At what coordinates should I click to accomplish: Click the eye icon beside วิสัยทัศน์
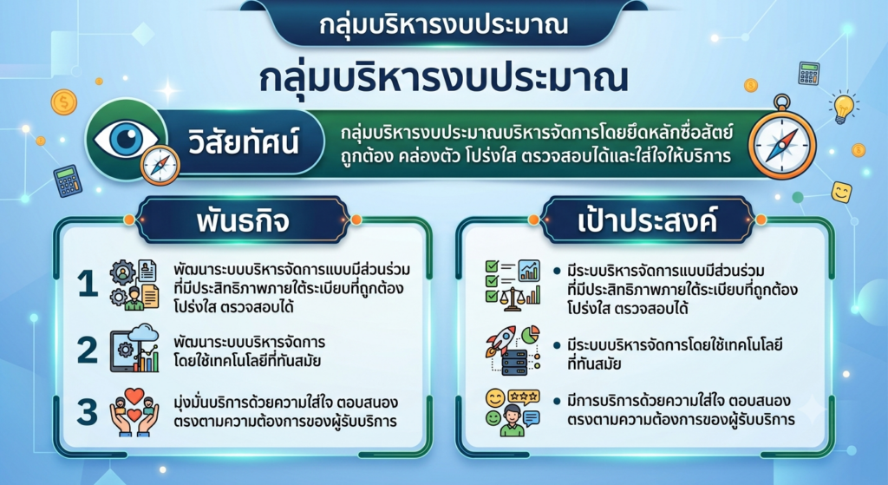coord(127,139)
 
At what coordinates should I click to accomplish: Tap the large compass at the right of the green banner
coord(782,142)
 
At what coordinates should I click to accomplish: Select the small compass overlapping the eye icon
coord(160,165)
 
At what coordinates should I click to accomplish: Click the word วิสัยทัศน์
coord(243,141)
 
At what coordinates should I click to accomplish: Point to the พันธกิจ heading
coord(243,221)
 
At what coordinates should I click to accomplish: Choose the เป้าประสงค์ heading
coord(647,220)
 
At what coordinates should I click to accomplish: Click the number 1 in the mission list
coord(88,284)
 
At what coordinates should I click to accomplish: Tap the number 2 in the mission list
coord(88,350)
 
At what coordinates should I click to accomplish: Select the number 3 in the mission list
coord(88,411)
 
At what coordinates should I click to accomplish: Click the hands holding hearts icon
coord(134,412)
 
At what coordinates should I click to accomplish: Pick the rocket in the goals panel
coord(499,340)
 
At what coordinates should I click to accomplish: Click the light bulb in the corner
coord(843,107)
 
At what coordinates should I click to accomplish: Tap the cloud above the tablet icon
coord(143,333)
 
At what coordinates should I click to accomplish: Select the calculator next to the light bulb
coord(809,74)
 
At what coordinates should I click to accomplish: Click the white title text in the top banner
coord(443,25)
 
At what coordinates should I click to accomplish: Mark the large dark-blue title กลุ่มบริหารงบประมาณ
coord(444,78)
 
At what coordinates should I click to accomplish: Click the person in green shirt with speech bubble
coord(513,420)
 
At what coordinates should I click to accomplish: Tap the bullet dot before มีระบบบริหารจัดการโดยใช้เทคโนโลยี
coord(557,345)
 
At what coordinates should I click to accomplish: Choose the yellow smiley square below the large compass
coord(841,192)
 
